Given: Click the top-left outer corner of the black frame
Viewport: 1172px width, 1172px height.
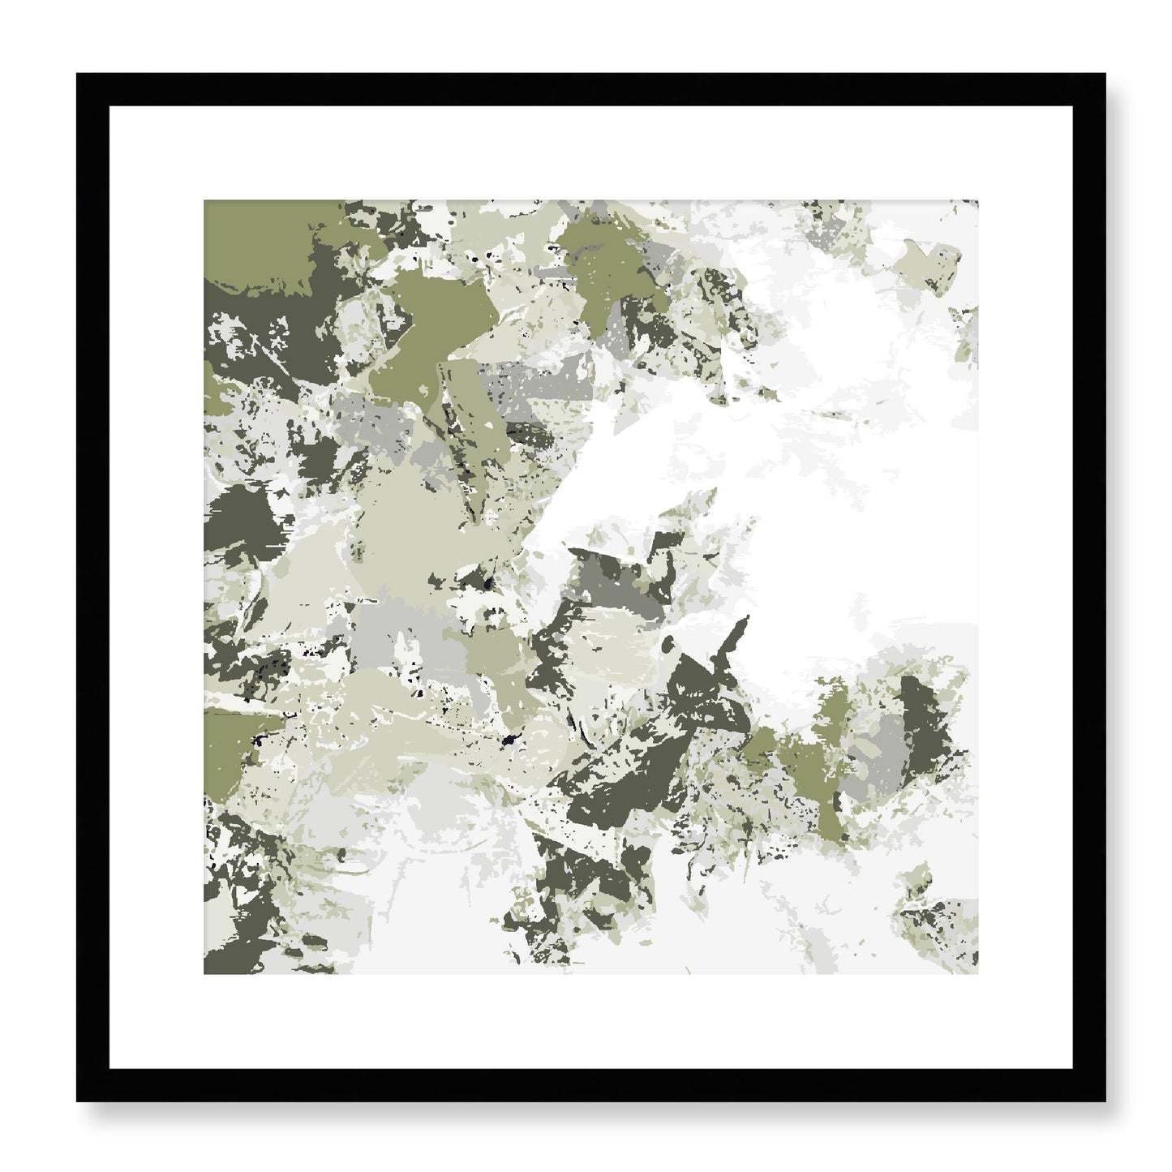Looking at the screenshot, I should point(78,75).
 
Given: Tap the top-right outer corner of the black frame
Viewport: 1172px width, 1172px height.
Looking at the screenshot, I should point(1105,75).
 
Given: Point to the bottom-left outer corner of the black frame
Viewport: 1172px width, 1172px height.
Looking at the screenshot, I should point(78,1101).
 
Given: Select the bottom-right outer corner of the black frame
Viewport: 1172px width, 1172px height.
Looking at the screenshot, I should point(1105,1101).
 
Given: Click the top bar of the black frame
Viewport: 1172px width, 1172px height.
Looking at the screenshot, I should point(590,89).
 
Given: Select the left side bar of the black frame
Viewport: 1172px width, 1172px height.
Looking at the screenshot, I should point(92,587).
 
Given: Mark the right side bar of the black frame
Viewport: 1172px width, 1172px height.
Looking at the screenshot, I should point(1089,587).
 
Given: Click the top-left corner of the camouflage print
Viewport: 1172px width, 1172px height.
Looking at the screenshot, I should point(204,201).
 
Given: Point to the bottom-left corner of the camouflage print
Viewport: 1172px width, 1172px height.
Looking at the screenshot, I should point(204,973).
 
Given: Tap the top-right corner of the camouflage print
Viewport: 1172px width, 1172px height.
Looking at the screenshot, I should point(977,201).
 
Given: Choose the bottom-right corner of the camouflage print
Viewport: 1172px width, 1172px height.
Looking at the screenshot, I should point(977,973).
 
